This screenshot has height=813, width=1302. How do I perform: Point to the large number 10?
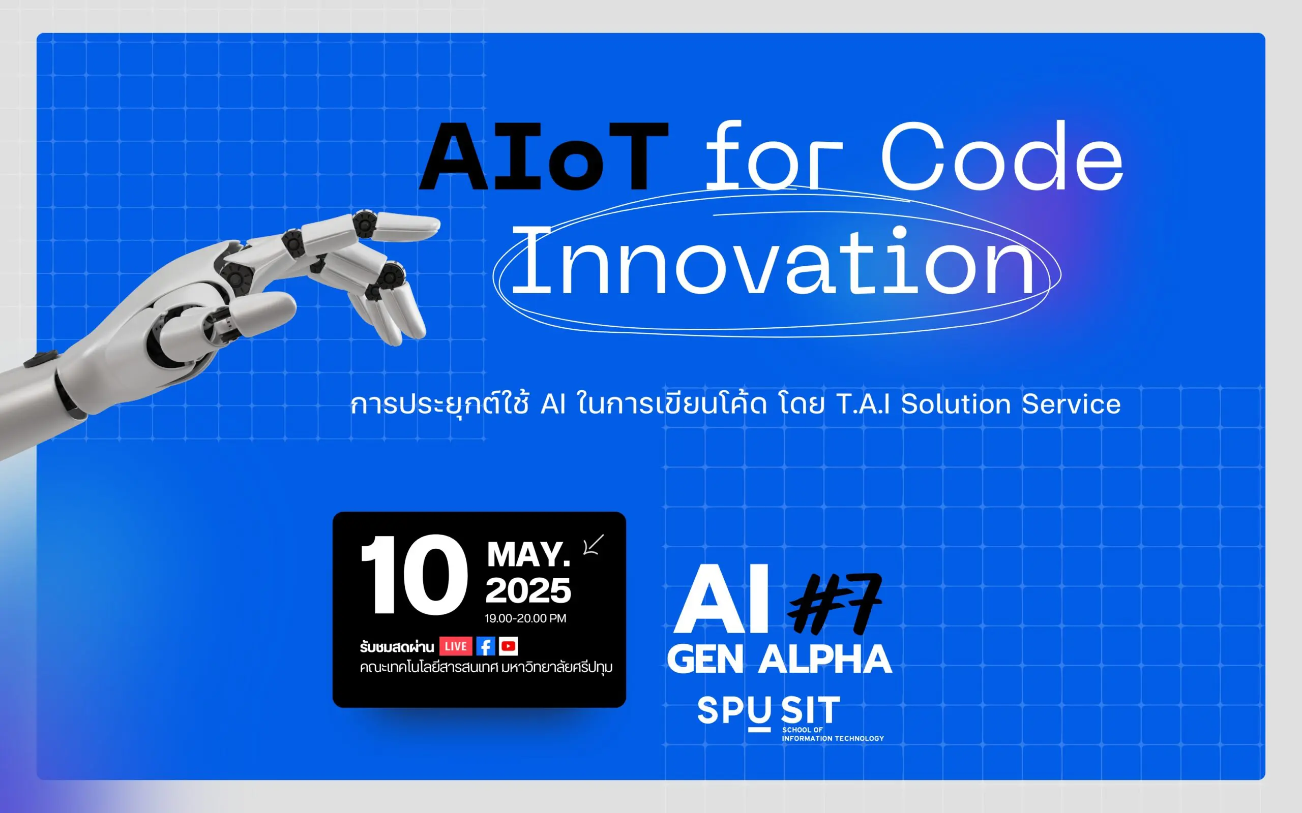tap(413, 575)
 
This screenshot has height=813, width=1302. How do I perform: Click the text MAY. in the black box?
tap(528, 554)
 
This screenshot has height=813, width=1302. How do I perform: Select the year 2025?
tap(528, 591)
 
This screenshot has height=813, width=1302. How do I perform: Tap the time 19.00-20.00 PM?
tap(525, 618)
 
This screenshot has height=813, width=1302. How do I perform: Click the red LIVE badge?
tap(456, 646)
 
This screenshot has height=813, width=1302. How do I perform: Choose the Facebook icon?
tap(486, 646)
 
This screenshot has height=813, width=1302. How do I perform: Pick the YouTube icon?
tap(509, 646)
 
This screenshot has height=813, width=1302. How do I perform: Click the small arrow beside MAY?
tap(594, 544)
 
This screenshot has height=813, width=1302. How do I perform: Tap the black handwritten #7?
tap(835, 604)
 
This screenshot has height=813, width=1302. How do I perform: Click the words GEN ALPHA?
tap(780, 659)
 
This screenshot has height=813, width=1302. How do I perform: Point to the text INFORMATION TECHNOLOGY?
tap(833, 739)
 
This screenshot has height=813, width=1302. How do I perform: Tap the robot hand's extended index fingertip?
tap(433, 224)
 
